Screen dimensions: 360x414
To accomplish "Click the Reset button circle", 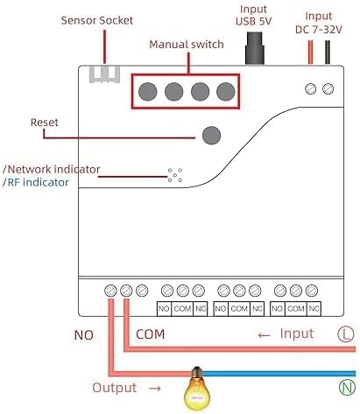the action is coord(211,135).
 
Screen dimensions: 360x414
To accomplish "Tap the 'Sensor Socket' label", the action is coord(97,20).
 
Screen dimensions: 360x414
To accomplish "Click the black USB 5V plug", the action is coord(254,48).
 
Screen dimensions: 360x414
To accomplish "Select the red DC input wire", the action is coord(310,53).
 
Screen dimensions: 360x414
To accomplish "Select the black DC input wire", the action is coord(328,53).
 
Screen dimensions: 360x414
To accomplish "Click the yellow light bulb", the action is coord(197,389).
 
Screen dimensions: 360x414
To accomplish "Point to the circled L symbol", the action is coord(346,334).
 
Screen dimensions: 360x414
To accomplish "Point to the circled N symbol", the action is coord(347,388).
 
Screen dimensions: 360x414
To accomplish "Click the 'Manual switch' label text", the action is coord(187,45).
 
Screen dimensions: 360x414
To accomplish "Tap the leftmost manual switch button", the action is coord(148,92).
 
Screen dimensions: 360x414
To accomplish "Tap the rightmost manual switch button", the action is coord(226,92).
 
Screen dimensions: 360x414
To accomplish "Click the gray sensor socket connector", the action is coord(104,74).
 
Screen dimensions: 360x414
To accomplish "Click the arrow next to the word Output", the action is coord(154,389).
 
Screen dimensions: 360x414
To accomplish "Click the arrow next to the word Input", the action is coord(264,335).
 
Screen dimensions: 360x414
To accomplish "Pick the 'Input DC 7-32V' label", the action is coord(319,23).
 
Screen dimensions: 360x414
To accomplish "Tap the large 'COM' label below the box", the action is coord(150,334).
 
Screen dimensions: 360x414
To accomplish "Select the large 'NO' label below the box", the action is coord(84,335).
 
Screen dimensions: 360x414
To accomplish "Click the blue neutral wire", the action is coord(279,374).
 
